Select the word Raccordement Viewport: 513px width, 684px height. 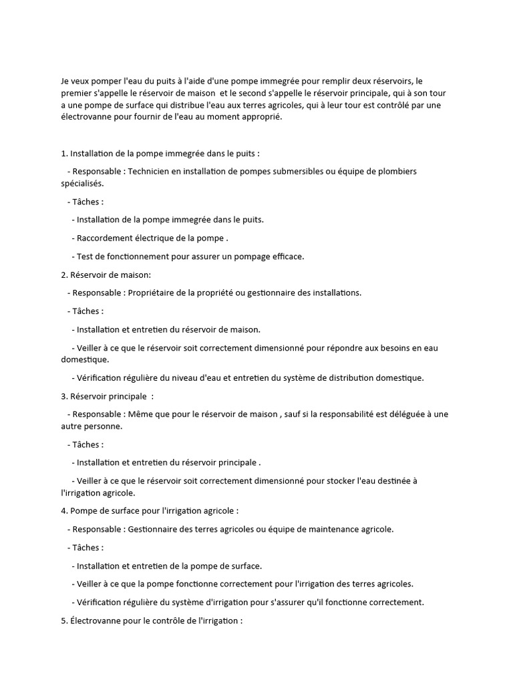tap(104, 238)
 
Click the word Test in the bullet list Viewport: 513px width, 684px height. tap(85, 256)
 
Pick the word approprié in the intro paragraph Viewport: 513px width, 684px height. tap(262, 118)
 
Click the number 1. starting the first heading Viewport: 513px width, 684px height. tap(64, 153)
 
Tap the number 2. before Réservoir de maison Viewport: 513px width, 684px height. tap(64, 275)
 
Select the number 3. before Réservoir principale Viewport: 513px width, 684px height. tap(64, 396)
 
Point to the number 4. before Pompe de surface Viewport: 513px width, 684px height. tap(64, 511)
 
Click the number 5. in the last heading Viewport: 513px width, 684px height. tap(64, 621)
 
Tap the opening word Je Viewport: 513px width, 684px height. tap(65, 81)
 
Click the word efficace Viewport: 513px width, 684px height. tap(288, 256)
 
